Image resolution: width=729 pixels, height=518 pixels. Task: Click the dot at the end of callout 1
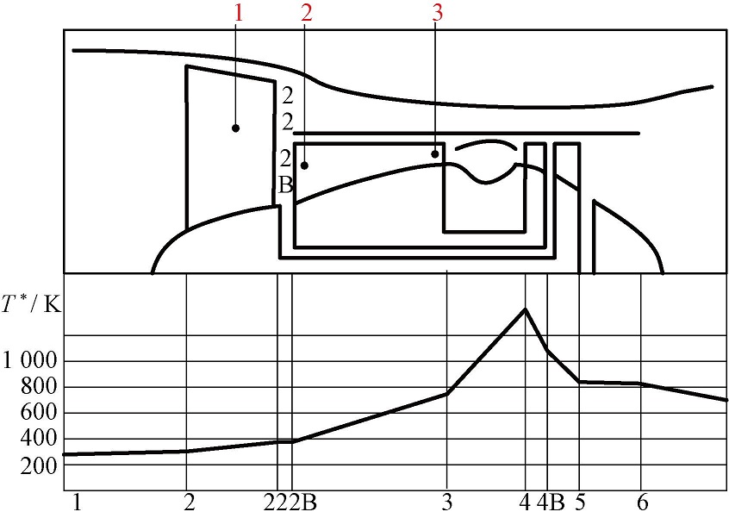(x=235, y=128)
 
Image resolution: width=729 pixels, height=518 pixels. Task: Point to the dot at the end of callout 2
(x=304, y=165)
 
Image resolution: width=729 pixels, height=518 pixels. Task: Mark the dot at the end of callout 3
(x=435, y=154)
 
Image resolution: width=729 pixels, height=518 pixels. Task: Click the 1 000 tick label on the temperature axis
(x=29, y=360)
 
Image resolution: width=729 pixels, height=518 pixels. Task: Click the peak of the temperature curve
(x=525, y=309)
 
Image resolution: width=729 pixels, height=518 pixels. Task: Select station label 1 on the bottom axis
(x=77, y=502)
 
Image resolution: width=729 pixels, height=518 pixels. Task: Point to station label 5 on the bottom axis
(x=581, y=502)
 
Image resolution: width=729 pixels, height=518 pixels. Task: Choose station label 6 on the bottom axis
(x=642, y=502)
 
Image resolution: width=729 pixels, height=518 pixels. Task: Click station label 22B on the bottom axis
(x=292, y=502)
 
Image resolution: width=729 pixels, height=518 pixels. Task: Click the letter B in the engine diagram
(x=287, y=184)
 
